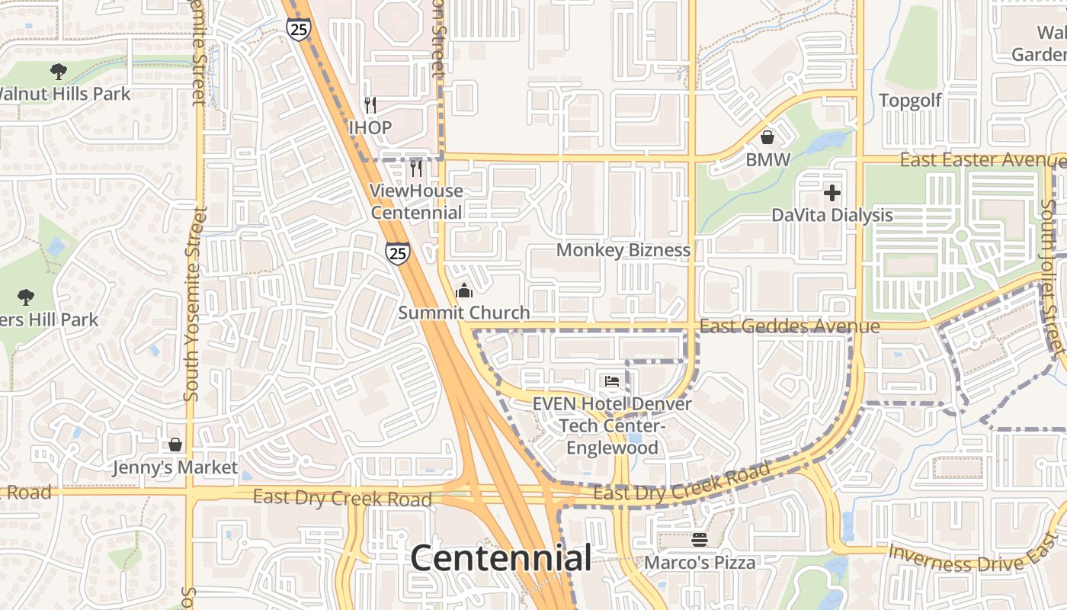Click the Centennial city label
501,558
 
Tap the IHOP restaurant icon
370,105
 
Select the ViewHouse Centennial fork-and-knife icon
416,168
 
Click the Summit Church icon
463,291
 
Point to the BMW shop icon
767,137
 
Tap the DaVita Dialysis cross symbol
832,193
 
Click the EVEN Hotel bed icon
612,381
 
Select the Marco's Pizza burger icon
700,540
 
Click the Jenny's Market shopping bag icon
175,445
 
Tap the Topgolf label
910,101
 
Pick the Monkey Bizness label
623,250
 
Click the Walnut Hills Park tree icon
58,72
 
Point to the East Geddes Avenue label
790,326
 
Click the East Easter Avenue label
982,160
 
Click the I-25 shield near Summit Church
396,253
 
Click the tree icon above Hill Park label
26,297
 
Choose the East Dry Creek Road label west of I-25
342,498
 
